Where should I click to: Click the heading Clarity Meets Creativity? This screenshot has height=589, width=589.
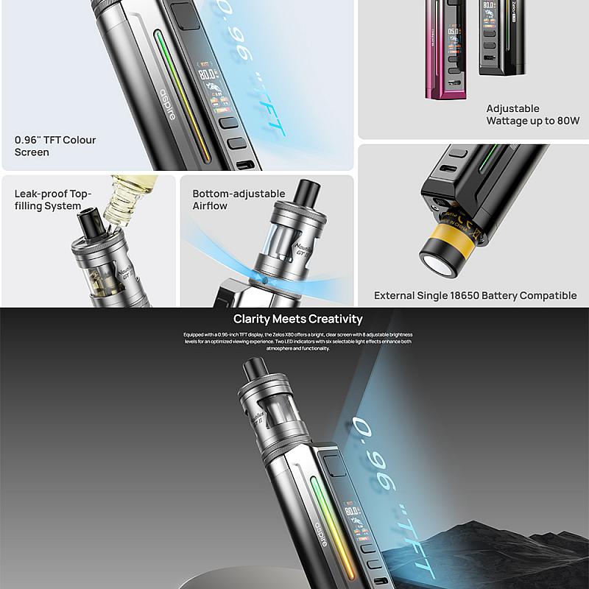tap(297, 319)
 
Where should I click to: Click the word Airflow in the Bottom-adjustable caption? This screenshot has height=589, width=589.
tap(210, 206)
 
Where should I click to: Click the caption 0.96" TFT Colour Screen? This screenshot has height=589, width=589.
tap(54, 146)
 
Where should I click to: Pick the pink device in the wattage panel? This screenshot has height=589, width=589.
tap(442, 52)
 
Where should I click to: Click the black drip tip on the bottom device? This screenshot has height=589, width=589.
tap(254, 369)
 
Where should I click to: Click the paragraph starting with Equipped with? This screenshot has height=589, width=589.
tap(297, 341)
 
